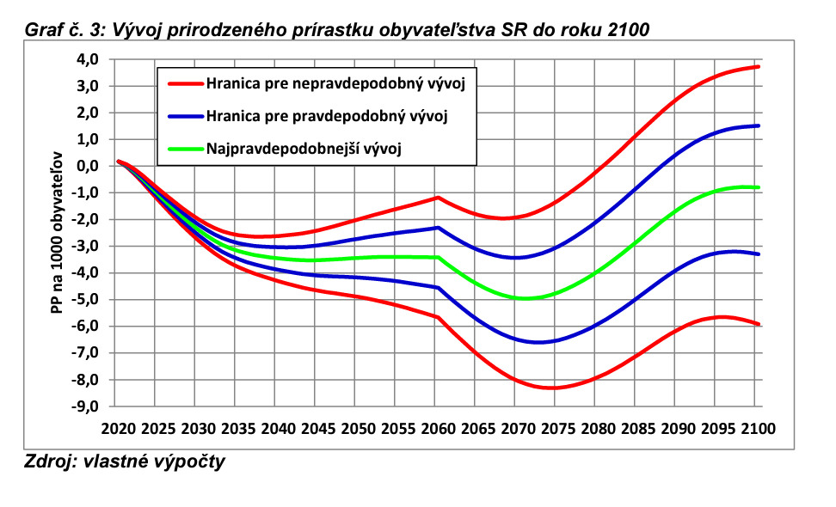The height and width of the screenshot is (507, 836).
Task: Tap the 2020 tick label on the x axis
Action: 119,428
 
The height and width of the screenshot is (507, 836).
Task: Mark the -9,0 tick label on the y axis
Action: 87,406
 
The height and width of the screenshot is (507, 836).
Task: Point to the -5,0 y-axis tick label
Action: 87,300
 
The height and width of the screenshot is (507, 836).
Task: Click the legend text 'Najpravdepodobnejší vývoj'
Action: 304,148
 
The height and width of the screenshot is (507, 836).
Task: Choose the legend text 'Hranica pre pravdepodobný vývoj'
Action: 327,115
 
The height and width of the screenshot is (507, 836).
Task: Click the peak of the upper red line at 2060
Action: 438,198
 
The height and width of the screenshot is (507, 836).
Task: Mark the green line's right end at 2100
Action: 757,187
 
